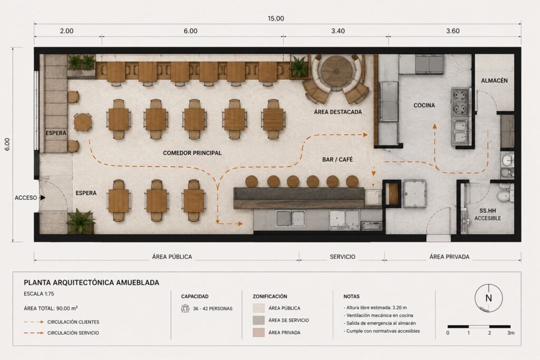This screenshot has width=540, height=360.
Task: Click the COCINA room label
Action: pyautogui.click(x=424, y=105)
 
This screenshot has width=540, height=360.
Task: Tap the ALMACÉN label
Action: pyautogui.click(x=494, y=81)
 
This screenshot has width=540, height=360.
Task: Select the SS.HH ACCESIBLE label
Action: pyautogui.click(x=488, y=215)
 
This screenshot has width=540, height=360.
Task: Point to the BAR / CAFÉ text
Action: pyautogui.click(x=337, y=159)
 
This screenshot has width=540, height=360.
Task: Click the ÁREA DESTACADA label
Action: pyautogui.click(x=338, y=112)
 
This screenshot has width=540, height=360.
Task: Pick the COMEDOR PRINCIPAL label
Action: pyautogui.click(x=192, y=153)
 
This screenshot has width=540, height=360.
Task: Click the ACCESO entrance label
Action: pyautogui.click(x=25, y=198)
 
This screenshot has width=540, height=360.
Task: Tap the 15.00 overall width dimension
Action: pyautogui.click(x=276, y=18)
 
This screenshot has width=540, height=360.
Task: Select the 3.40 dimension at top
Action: pyautogui.click(x=338, y=31)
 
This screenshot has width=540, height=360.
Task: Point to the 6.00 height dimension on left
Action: pyautogui.click(x=7, y=144)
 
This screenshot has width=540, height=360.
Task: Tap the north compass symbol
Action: pyautogui.click(x=488, y=298)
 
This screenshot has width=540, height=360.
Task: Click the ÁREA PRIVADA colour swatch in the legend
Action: pyautogui.click(x=258, y=333)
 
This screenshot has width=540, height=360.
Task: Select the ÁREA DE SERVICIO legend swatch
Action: pyautogui.click(x=258, y=320)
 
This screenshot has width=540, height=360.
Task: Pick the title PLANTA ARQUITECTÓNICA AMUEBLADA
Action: pyautogui.click(x=92, y=283)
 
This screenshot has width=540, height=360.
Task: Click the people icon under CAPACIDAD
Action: pyautogui.click(x=185, y=308)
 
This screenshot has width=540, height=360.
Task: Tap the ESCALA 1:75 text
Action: pyautogui.click(x=39, y=294)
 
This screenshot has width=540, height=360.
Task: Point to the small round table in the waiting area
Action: pyautogui.click(x=83, y=122)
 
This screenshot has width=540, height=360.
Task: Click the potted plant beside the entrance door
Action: pyautogui.click(x=81, y=221)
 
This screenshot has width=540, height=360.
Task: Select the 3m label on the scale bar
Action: pyautogui.click(x=510, y=333)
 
